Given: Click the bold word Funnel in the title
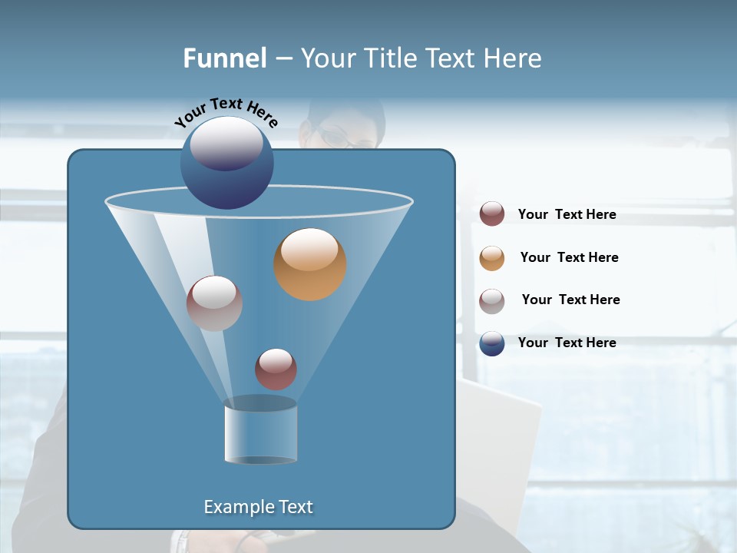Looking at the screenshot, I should click(x=224, y=58).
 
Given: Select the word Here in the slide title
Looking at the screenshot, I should click(x=510, y=58).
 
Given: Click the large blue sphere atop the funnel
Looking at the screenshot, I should click(x=227, y=162).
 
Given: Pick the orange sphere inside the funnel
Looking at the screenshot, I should click(x=309, y=264).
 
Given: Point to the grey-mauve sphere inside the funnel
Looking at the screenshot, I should click(x=214, y=303).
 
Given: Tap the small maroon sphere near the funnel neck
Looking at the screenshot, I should click(x=276, y=369).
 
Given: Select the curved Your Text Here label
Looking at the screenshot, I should click(x=226, y=112).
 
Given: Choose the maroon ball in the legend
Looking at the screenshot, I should click(x=492, y=214).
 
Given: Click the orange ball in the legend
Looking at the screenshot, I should click(x=492, y=258).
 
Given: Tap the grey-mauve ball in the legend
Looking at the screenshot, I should click(x=492, y=301).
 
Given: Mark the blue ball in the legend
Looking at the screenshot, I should click(x=492, y=343).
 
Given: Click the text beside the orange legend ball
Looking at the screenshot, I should click(x=569, y=257).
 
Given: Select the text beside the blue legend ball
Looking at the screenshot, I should click(x=567, y=343).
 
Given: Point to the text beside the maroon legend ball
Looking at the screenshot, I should click(x=567, y=214).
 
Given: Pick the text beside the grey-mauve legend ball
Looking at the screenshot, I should click(x=570, y=300).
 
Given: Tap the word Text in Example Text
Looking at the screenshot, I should click(x=295, y=507).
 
